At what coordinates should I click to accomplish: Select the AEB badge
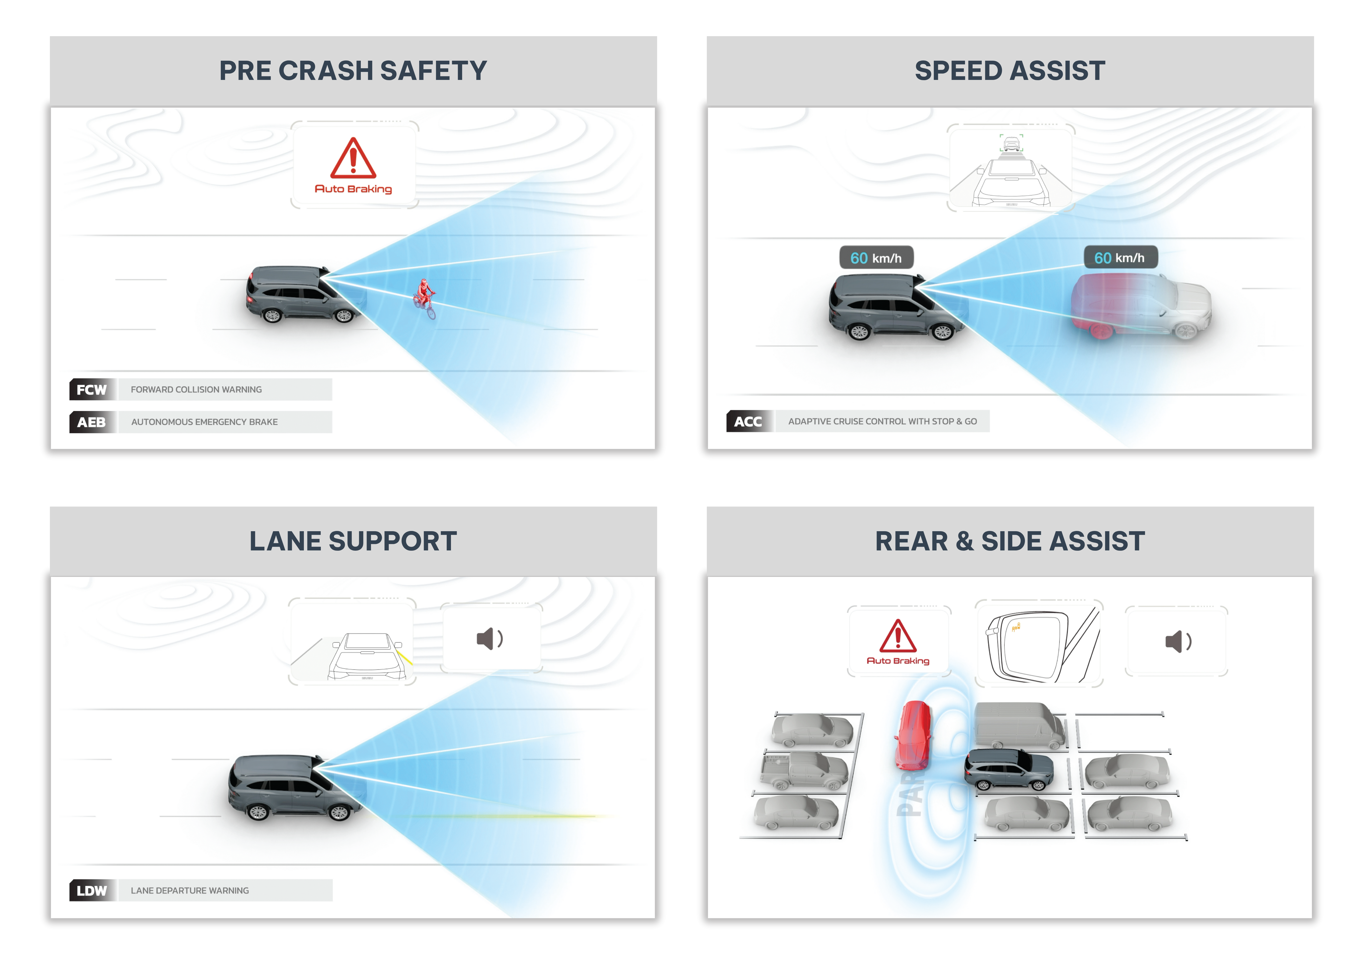pos(92,422)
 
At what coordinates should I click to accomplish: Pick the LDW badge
pos(92,891)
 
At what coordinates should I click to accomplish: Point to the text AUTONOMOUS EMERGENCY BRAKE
pos(204,422)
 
